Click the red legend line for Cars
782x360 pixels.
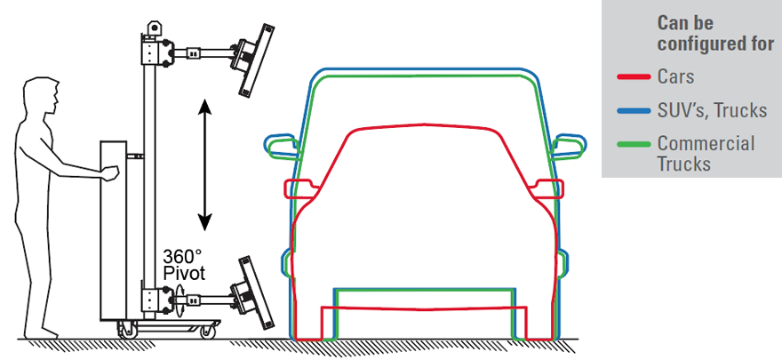tap(634, 76)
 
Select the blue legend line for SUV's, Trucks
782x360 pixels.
tap(634, 111)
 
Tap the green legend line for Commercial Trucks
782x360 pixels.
tap(634, 145)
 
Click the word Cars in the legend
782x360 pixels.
tap(675, 76)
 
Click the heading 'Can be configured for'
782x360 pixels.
tap(715, 33)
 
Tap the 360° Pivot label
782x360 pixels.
tap(184, 265)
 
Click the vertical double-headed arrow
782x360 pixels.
tap(205, 165)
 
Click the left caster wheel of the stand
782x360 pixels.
tap(126, 331)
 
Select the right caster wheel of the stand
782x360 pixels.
tap(207, 331)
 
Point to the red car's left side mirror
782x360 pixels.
tap(300, 188)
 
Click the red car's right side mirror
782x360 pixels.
tap(547, 188)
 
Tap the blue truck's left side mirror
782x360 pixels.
tap(280, 145)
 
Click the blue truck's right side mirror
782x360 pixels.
tap(570, 145)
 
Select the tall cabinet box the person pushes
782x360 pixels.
tap(114, 230)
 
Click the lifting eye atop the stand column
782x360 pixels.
tap(154, 27)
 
